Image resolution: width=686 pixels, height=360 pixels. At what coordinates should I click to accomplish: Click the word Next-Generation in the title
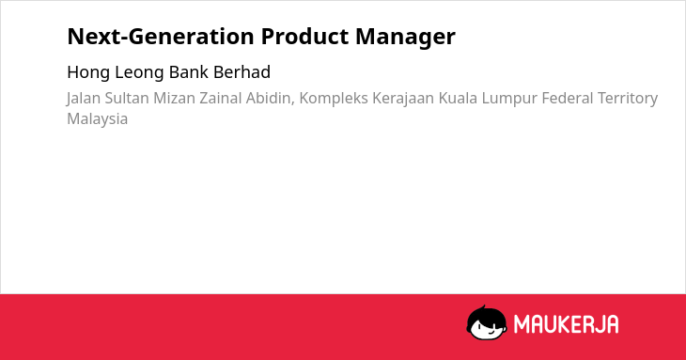pyautogui.click(x=161, y=37)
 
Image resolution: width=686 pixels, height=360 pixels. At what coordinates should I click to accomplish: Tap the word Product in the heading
pyautogui.click(x=304, y=37)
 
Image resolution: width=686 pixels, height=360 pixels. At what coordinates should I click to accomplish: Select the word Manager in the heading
pyautogui.click(x=406, y=38)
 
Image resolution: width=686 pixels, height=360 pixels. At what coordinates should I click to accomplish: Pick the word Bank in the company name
pyautogui.click(x=189, y=72)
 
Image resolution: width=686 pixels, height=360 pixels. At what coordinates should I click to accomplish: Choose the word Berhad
pyautogui.click(x=242, y=72)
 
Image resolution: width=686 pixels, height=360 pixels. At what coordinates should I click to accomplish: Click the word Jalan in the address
pyautogui.click(x=83, y=99)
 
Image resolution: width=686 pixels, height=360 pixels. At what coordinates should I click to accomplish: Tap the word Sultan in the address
pyautogui.click(x=127, y=98)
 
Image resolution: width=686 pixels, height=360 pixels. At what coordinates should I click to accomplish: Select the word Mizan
pyautogui.click(x=174, y=98)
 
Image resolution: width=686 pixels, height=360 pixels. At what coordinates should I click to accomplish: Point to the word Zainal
pyautogui.click(x=221, y=98)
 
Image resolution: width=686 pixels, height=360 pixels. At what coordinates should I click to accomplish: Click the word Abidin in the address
pyautogui.click(x=270, y=99)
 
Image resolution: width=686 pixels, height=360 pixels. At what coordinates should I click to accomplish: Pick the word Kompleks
pyautogui.click(x=334, y=99)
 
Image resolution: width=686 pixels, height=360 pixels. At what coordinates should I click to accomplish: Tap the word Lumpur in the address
pyautogui.click(x=509, y=99)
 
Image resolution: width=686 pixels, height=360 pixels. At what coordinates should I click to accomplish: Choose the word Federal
pyautogui.click(x=568, y=98)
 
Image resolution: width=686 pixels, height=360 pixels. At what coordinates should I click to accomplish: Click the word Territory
pyautogui.click(x=628, y=99)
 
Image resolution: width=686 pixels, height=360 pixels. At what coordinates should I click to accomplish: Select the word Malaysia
pyautogui.click(x=98, y=119)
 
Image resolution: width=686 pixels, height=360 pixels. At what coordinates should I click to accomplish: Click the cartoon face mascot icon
pyautogui.click(x=487, y=322)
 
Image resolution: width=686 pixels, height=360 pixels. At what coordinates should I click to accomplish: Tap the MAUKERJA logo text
pyautogui.click(x=566, y=324)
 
